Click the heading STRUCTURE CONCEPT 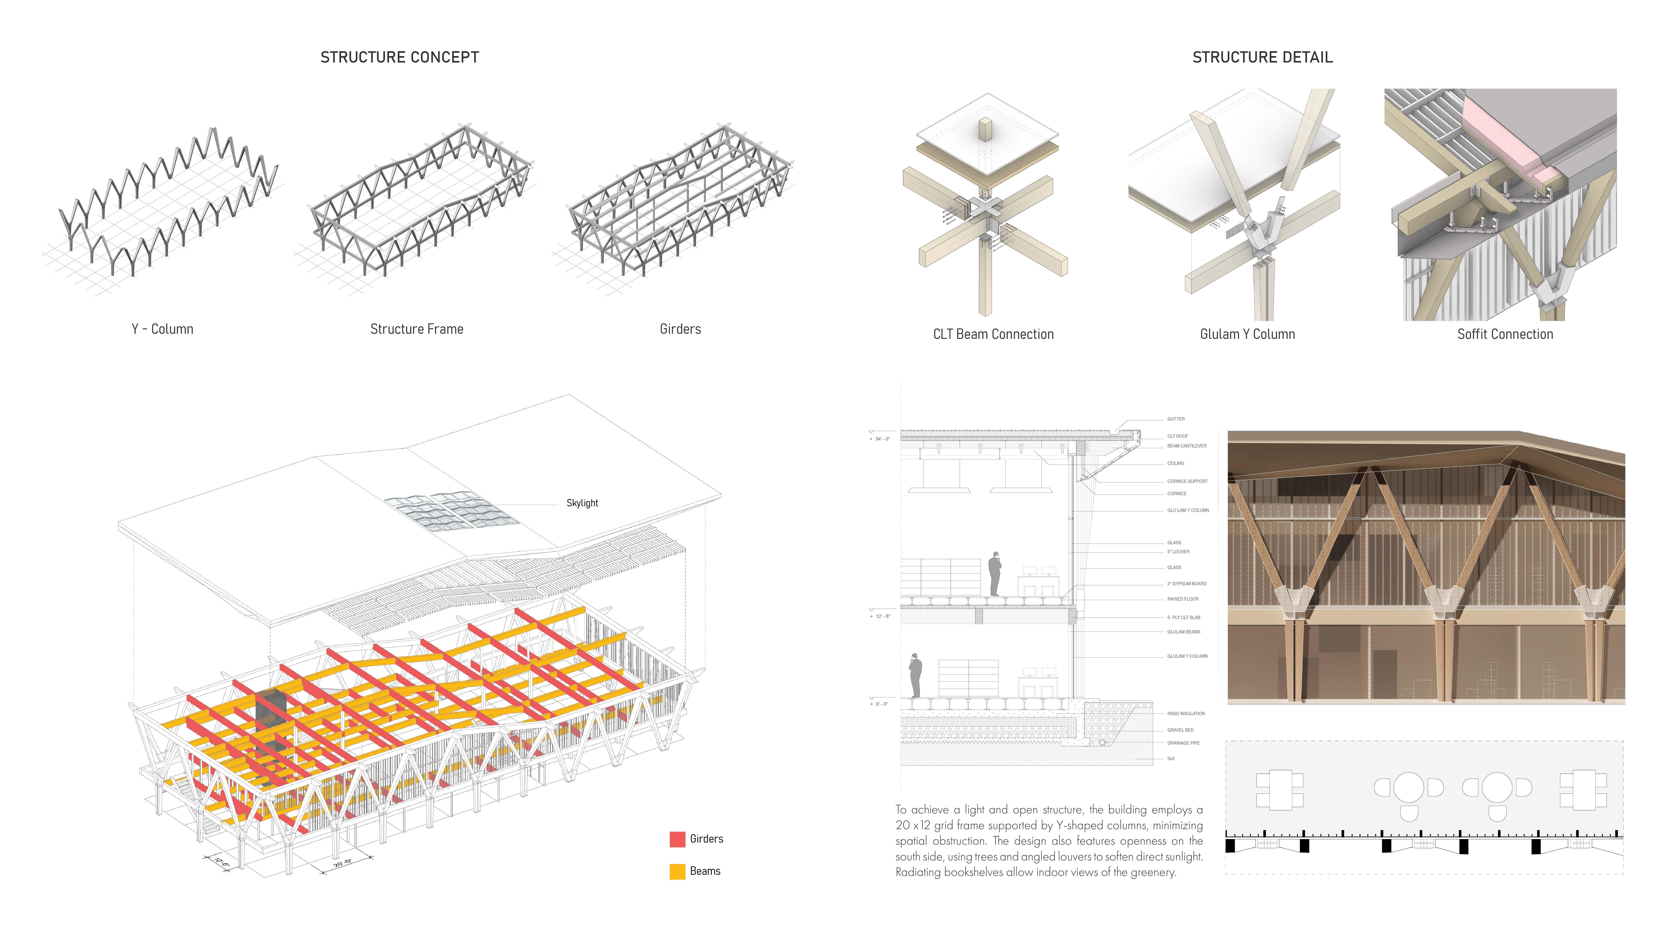pos(399,58)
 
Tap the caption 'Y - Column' pos(163,329)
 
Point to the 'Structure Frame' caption pos(417,329)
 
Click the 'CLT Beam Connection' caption pos(993,334)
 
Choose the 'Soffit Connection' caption pos(1504,334)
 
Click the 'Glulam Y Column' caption pos(1247,334)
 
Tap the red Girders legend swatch pos(677,839)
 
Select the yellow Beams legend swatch pos(677,871)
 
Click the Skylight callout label pos(582,503)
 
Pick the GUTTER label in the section pos(1176,419)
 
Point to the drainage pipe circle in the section pos(1102,743)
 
